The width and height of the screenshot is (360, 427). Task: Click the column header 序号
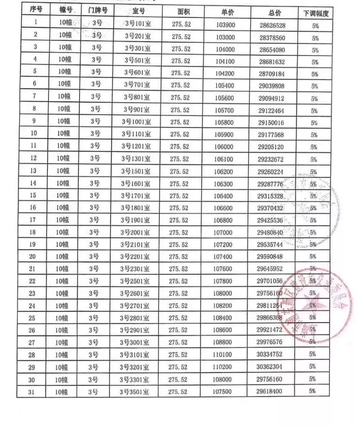(36, 10)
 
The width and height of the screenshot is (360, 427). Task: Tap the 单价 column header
(228, 13)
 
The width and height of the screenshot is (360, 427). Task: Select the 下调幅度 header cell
(316, 14)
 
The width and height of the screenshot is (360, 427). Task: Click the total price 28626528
(272, 26)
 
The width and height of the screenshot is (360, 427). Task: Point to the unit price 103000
(225, 37)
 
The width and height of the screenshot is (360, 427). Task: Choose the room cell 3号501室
(137, 60)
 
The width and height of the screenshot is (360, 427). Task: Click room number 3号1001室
(136, 122)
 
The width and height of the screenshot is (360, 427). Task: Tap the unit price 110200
(222, 367)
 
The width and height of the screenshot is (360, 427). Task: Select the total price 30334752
(269, 354)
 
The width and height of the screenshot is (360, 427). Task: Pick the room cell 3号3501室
(134, 392)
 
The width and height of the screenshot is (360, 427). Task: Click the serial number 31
(31, 392)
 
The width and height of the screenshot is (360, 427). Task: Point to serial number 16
(33, 207)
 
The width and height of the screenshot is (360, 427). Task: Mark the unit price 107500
(222, 392)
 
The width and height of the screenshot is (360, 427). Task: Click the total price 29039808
(271, 86)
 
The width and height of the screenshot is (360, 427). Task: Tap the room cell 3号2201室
(135, 256)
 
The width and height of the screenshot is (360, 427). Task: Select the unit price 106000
(224, 147)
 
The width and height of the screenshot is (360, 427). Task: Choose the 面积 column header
(183, 12)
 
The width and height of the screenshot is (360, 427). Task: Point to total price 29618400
(269, 391)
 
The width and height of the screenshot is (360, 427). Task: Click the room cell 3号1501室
(136, 171)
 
